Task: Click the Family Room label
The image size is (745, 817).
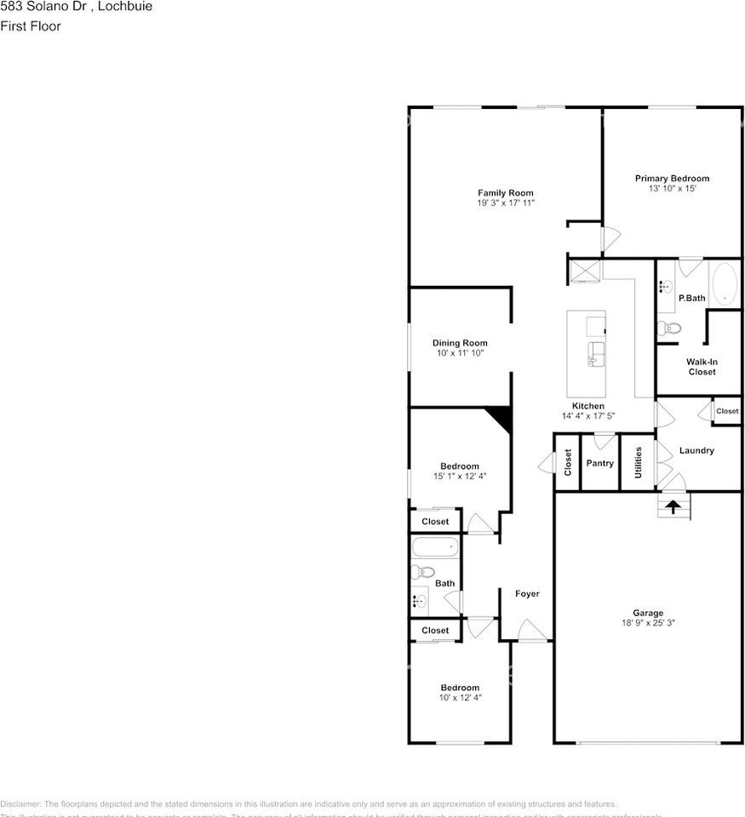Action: [505, 193]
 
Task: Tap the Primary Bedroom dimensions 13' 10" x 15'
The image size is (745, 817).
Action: [672, 189]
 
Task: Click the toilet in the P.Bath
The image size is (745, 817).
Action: [670, 328]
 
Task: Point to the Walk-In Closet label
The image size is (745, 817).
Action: [702, 367]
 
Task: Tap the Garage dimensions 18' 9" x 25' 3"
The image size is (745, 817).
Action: [647, 623]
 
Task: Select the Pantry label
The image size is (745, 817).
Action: [599, 464]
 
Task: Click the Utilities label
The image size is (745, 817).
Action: [638, 463]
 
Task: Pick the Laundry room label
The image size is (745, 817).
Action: [696, 450]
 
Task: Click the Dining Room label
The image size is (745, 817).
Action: [460, 343]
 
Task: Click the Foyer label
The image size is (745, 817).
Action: [527, 593]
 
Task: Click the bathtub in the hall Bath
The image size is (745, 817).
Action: [434, 546]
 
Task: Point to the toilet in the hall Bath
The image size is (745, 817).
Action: [422, 572]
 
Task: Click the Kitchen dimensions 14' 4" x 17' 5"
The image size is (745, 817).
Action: [587, 416]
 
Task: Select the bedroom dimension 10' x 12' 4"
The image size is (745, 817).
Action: [460, 698]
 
